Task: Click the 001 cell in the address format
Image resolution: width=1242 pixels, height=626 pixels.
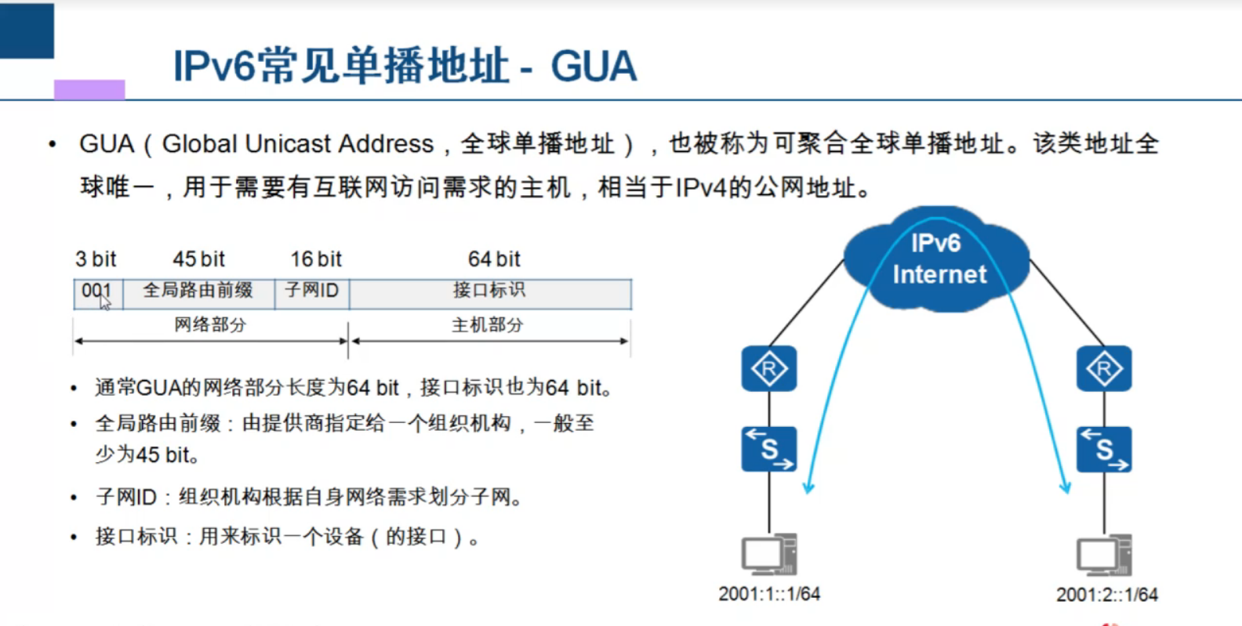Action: [x=97, y=292]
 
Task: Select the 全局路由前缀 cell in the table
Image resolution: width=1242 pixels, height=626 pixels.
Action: [x=198, y=291]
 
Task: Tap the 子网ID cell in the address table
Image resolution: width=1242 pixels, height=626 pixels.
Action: [x=311, y=291]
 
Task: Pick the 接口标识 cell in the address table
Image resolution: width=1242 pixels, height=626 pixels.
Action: [x=489, y=291]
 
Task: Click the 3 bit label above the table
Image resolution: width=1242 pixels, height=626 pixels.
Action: [x=96, y=259]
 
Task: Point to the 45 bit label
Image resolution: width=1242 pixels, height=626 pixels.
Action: [x=198, y=259]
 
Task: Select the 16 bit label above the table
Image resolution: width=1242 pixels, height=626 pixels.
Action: [x=316, y=259]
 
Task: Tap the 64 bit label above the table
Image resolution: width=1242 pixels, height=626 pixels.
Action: [x=494, y=259]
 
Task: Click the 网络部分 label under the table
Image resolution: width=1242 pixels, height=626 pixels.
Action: [x=210, y=325]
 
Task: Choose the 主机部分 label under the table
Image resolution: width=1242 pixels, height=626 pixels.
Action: [x=487, y=325]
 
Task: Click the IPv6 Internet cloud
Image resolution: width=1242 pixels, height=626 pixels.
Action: [x=938, y=259]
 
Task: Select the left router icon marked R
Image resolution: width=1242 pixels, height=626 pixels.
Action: [x=768, y=368]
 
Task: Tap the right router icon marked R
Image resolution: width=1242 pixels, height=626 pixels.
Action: [x=1104, y=368]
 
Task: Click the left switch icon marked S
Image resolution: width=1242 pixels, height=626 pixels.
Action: [x=768, y=449]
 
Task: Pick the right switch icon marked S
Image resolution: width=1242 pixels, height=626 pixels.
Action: [x=1104, y=449]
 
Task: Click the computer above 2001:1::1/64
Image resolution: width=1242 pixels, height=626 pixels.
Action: [x=768, y=554]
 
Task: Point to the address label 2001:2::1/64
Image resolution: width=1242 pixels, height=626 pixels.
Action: [x=1106, y=595]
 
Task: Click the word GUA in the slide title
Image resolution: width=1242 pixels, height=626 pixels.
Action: [x=594, y=67]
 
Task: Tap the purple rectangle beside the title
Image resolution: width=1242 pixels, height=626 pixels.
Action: [x=89, y=89]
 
